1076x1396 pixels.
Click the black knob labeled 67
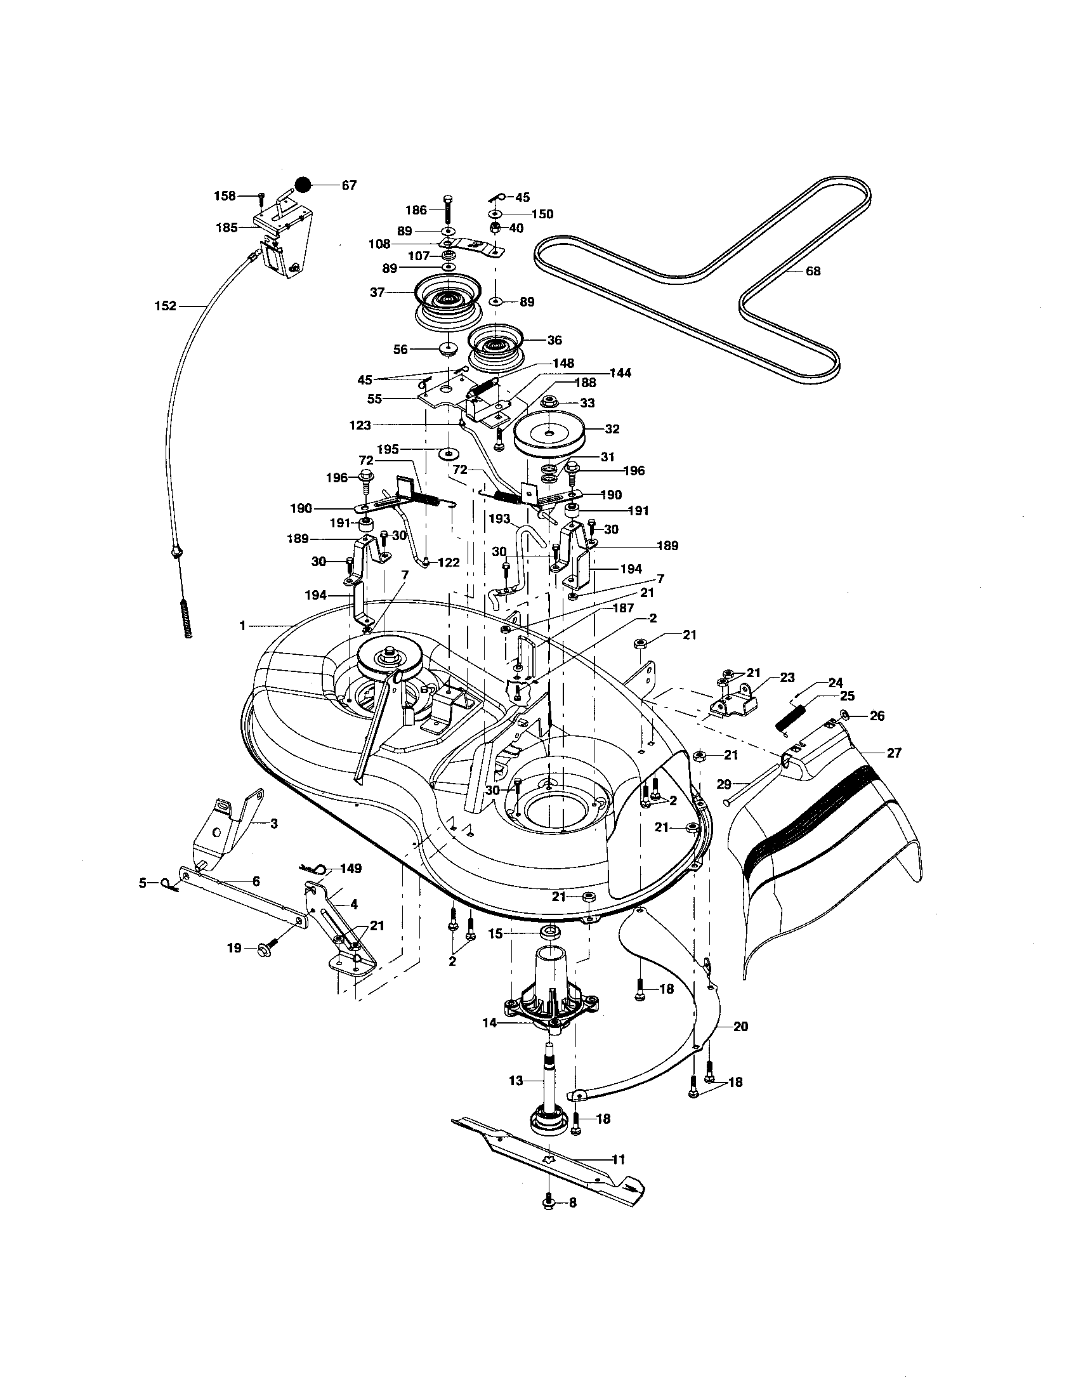[x=302, y=185]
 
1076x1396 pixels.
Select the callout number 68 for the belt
[x=813, y=271]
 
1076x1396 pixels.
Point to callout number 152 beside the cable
[x=165, y=306]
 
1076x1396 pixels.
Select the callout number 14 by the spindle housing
[x=488, y=1022]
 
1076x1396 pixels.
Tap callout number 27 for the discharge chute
[x=894, y=753]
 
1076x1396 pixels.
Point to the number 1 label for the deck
[x=242, y=626]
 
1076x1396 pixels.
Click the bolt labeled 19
[x=265, y=948]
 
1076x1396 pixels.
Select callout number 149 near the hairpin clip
[x=351, y=869]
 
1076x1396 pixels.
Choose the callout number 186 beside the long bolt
[x=416, y=209]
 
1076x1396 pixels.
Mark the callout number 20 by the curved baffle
[x=740, y=1027]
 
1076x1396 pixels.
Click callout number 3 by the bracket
[x=273, y=824]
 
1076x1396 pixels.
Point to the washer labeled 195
[x=450, y=453]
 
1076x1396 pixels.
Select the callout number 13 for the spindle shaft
[x=516, y=1080]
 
